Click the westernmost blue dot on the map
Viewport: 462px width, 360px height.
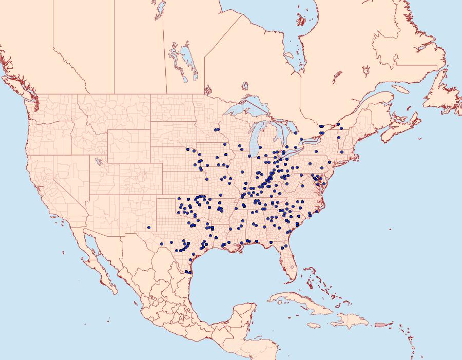point(149,227)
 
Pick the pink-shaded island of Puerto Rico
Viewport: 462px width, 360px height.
point(380,325)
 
